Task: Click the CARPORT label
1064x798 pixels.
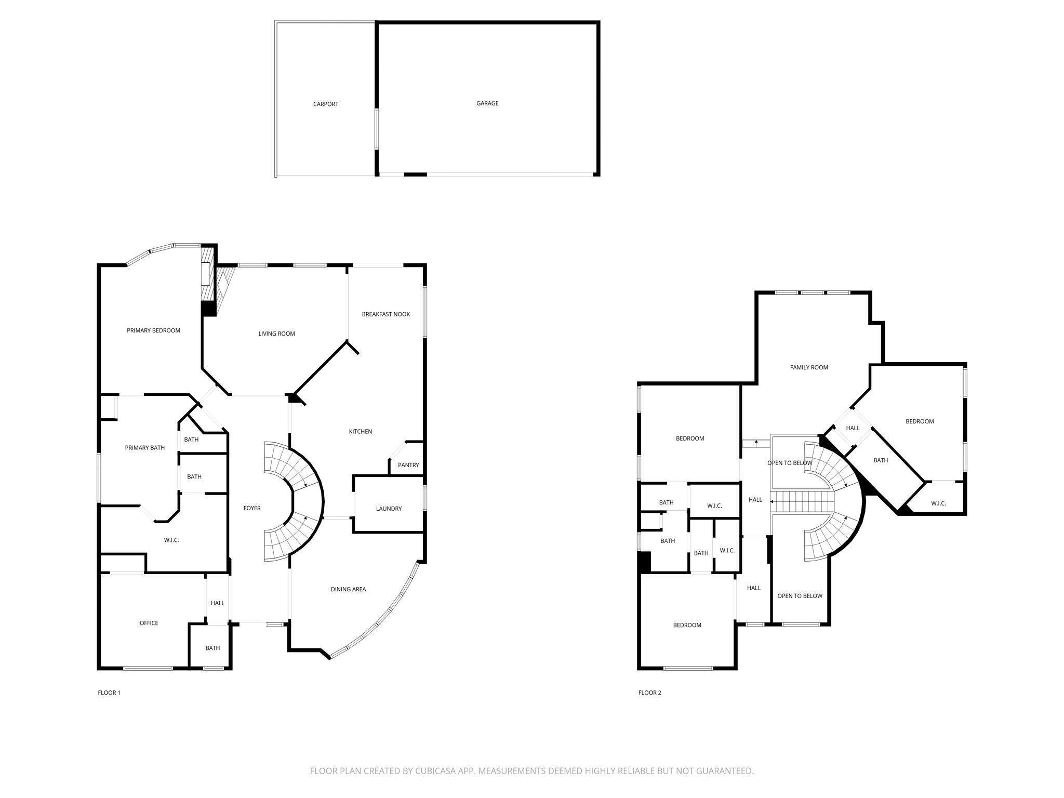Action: click(x=325, y=104)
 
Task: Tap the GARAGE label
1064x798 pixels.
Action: click(x=487, y=103)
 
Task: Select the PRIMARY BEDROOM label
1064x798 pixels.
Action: click(x=153, y=330)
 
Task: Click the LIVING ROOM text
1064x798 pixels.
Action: click(x=276, y=334)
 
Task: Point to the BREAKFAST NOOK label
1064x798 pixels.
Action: click(x=385, y=314)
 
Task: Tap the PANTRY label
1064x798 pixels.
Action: click(x=408, y=465)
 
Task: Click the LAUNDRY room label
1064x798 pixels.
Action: click(x=389, y=509)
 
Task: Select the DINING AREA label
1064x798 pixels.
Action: click(x=348, y=589)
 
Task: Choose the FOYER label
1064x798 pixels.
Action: click(x=252, y=508)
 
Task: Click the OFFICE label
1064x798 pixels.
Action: click(x=149, y=623)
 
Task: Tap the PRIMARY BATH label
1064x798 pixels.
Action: click(x=144, y=448)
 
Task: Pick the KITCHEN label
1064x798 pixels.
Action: click(x=360, y=432)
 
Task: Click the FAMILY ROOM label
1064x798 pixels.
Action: click(x=809, y=367)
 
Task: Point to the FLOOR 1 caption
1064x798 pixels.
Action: click(x=109, y=693)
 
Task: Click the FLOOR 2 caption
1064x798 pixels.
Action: click(x=649, y=693)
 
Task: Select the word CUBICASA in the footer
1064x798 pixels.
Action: click(x=432, y=771)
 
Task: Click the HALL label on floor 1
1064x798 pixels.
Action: click(x=217, y=603)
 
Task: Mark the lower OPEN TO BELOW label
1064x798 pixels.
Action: click(x=800, y=596)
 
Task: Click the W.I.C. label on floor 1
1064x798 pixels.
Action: click(x=171, y=540)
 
